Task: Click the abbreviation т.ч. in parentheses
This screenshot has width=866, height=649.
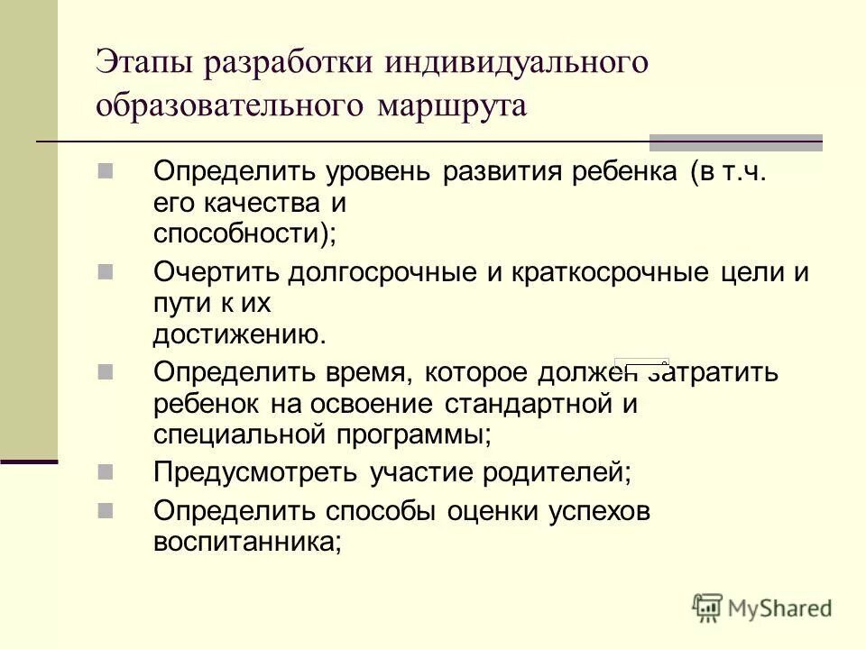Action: [744, 171]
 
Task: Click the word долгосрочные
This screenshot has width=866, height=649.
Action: [380, 272]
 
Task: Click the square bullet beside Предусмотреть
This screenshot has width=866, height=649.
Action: [105, 470]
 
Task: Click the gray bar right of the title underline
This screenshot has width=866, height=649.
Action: [736, 142]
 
